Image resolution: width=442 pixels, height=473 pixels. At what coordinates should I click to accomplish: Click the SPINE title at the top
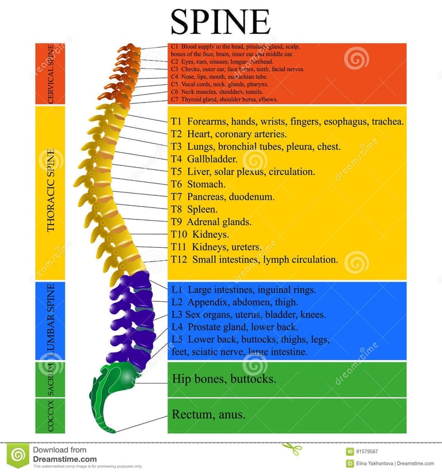[220, 21]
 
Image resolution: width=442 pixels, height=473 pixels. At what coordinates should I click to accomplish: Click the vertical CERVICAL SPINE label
[51, 74]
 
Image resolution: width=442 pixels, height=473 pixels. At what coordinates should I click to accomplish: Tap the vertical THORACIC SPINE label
[51, 192]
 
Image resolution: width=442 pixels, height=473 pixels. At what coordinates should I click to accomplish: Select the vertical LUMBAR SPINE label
[51, 320]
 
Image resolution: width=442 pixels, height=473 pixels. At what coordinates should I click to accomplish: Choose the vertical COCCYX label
[51, 416]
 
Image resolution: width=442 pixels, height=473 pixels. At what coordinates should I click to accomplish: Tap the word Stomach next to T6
[206, 184]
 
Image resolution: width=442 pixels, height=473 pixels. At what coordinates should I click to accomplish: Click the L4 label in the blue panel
[177, 327]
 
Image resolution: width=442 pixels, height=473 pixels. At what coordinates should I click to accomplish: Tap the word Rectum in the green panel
[190, 414]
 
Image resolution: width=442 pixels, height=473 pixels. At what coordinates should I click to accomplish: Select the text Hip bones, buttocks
[224, 379]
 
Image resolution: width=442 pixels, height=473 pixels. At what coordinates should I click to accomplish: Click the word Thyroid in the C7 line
[190, 99]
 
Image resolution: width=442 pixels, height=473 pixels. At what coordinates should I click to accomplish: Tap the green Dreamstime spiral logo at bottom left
[18, 456]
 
